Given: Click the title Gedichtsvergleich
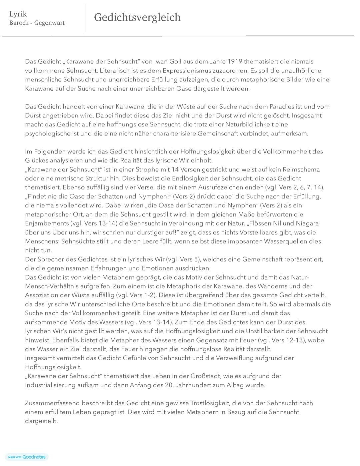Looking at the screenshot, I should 137,17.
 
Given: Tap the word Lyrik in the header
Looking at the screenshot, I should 18,14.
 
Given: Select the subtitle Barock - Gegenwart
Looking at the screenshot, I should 37,23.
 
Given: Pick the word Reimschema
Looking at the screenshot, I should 303,169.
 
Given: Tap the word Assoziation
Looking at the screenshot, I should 42,295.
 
